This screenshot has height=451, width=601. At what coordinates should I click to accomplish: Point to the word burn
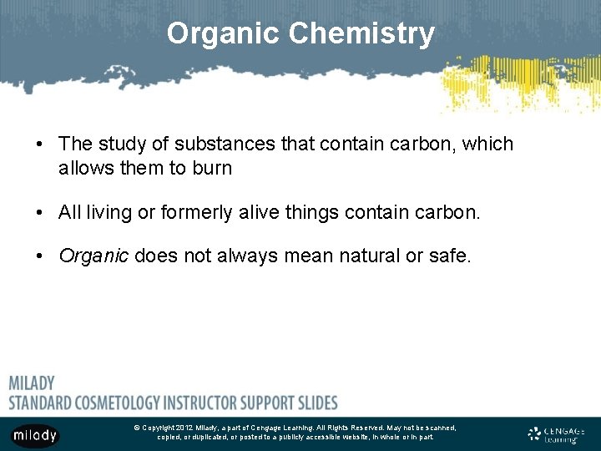point(210,168)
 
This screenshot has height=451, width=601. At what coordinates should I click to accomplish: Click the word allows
point(85,168)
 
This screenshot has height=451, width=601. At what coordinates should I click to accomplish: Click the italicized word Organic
point(93,256)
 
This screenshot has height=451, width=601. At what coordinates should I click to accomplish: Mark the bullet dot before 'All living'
point(40,213)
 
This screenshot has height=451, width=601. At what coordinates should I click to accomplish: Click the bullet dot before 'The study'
point(40,144)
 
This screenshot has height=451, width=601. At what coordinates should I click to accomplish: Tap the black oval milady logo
point(35,434)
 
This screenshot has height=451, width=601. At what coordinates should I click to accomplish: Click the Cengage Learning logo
point(556,434)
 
